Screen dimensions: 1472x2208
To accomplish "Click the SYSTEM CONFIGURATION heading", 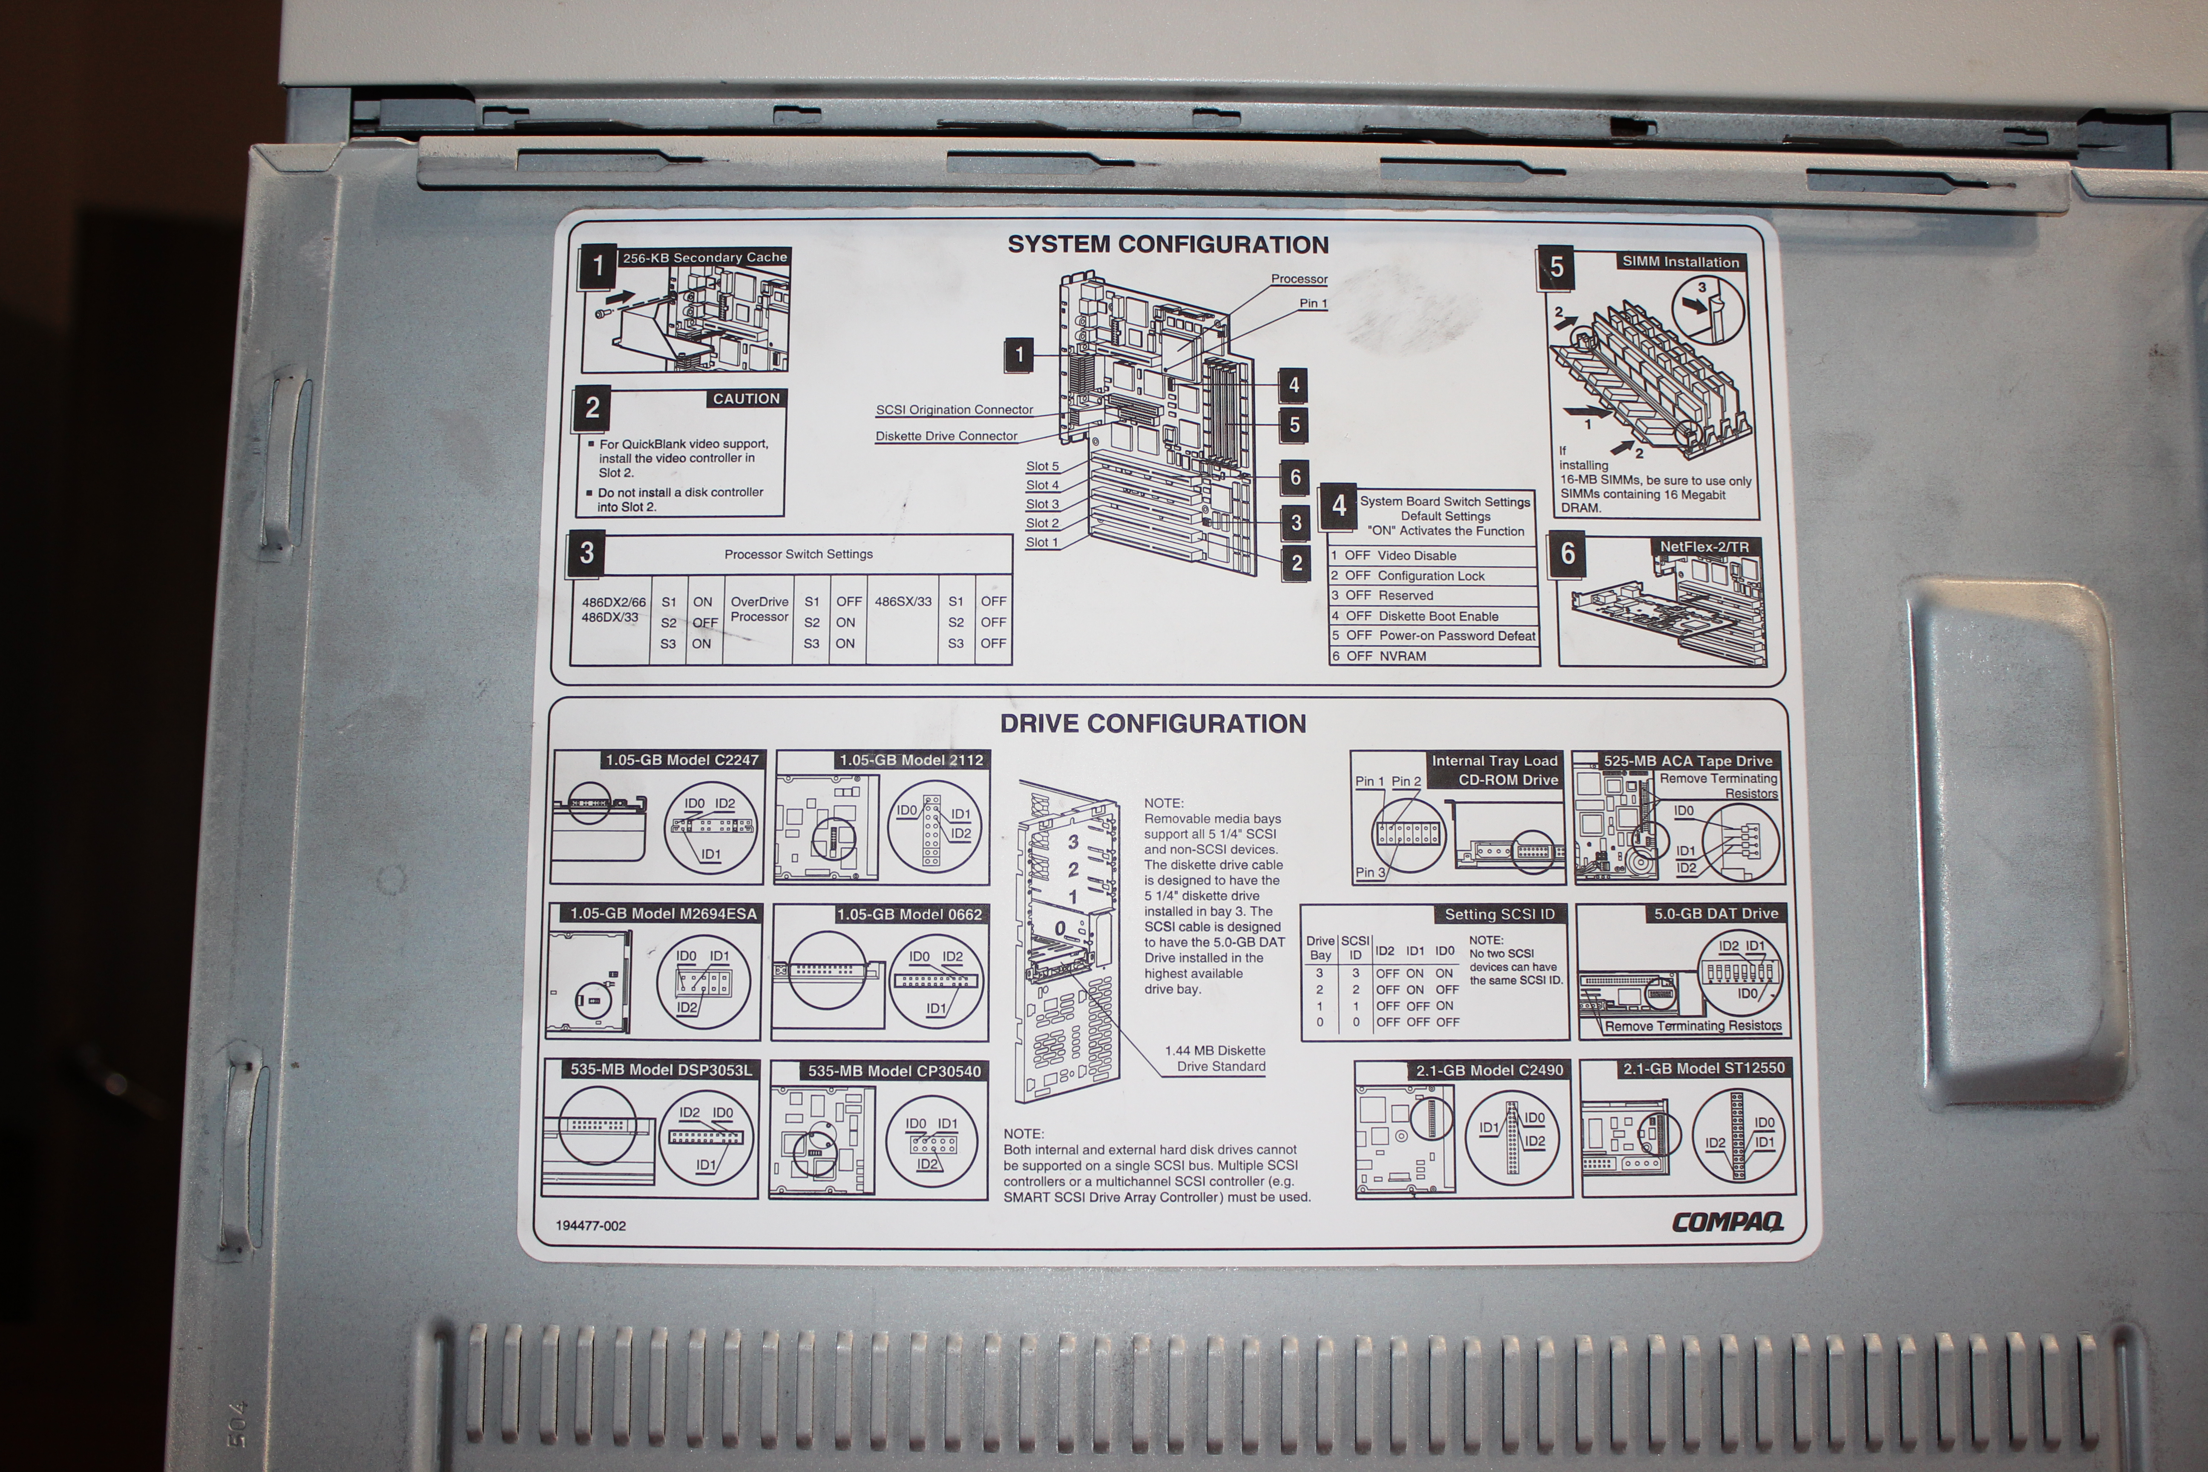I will pos(1168,245).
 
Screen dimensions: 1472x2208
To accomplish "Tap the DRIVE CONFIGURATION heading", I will pos(1153,724).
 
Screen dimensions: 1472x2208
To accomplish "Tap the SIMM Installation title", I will pos(1680,262).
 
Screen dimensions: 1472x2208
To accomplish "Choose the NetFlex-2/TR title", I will pos(1704,546).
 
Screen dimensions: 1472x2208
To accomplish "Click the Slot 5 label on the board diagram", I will pos(1042,466).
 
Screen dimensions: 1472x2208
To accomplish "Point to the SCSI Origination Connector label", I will pos(954,410).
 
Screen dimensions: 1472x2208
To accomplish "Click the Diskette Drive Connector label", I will pos(946,437).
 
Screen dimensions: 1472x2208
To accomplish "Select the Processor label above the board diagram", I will pos(1299,279).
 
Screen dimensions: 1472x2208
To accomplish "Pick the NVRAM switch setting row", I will pos(1403,656).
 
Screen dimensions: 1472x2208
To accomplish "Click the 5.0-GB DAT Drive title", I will pos(1716,914).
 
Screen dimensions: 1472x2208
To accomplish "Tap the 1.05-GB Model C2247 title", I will pos(681,760).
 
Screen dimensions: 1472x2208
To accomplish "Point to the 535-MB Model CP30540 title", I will pos(894,1071).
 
